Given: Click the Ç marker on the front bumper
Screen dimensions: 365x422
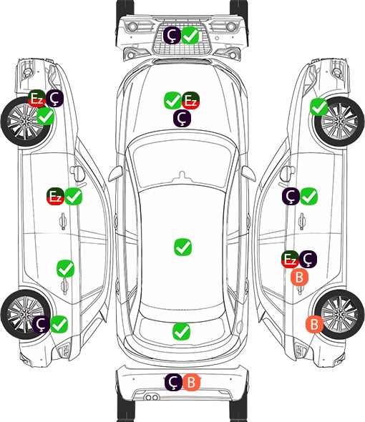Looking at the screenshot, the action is (x=172, y=35).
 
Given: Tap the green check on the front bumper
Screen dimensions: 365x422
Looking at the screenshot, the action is (x=190, y=35).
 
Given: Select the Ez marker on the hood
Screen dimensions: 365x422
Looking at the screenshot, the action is (x=190, y=101).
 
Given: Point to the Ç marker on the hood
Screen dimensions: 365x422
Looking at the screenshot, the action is (x=182, y=118).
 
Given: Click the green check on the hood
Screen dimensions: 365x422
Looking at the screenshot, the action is (x=172, y=101).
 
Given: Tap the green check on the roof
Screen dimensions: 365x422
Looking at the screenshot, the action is (x=183, y=247).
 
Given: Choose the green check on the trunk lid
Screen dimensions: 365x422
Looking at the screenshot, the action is (x=181, y=331).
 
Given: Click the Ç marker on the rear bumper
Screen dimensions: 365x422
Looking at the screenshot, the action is (x=173, y=382).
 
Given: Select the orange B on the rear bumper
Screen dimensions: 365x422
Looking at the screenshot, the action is (x=191, y=382).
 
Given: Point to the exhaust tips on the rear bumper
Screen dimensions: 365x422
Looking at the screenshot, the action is (x=152, y=397).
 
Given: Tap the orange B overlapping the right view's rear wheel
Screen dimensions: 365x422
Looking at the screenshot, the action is (x=314, y=324).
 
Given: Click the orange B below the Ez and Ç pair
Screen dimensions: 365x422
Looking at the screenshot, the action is (x=300, y=277).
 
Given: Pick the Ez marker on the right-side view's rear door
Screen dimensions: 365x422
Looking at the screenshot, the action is (x=290, y=259).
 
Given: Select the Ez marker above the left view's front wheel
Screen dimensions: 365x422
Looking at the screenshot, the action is (x=36, y=98).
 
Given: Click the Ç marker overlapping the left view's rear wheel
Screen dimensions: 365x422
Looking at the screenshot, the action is (x=41, y=324).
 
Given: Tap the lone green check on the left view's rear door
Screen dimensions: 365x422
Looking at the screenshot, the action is (x=65, y=268).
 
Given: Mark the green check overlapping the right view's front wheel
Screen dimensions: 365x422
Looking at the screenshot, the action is (x=319, y=107).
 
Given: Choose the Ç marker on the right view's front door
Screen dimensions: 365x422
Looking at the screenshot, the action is (x=291, y=196).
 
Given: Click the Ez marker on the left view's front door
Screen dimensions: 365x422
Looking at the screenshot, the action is (x=55, y=197).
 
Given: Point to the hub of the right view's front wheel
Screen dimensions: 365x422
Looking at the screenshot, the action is (x=339, y=122).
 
